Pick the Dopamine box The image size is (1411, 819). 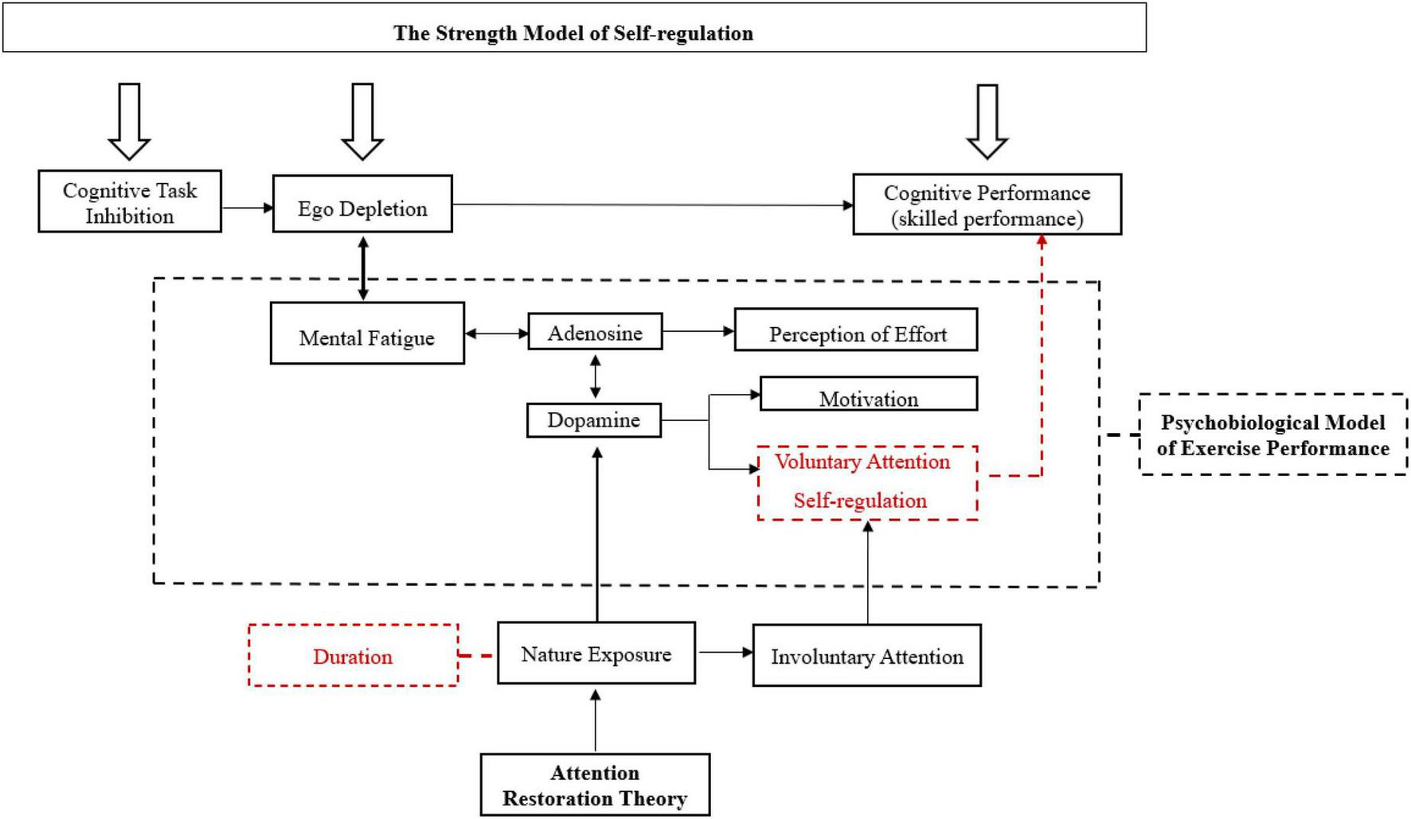point(594,420)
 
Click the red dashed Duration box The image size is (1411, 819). point(353,656)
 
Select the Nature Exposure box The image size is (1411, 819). point(596,653)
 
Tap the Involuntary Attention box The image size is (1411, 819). point(866,656)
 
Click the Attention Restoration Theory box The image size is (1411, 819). point(595,785)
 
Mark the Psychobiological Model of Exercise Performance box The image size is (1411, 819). point(1272,435)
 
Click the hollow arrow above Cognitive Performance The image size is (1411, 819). point(987,121)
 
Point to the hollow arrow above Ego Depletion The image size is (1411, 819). point(362,121)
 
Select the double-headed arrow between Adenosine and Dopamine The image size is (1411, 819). point(595,376)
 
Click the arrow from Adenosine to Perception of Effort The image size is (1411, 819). point(698,331)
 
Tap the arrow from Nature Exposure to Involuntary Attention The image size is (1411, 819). point(724,653)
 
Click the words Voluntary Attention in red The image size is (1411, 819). point(862,462)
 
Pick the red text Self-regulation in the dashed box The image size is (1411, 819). point(860,501)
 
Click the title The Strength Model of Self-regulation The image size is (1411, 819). point(573,33)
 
